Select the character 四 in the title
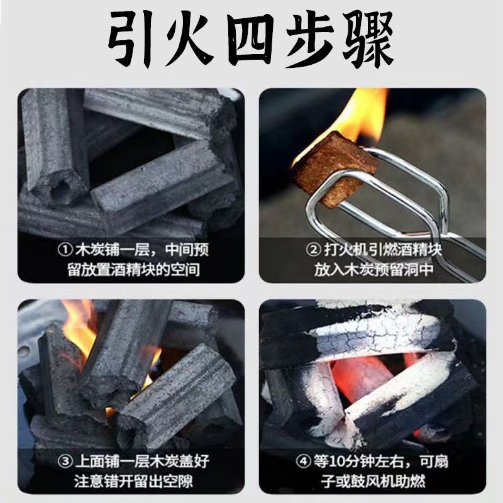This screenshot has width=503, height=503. click(x=251, y=40)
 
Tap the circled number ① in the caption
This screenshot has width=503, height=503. click(x=65, y=250)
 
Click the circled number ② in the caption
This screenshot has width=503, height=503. click(x=312, y=250)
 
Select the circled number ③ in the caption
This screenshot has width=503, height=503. click(x=65, y=462)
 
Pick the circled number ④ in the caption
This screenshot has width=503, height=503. click(x=303, y=462)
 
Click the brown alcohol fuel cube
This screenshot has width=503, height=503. click(x=334, y=167)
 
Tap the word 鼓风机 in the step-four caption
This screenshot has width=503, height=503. click(x=385, y=482)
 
